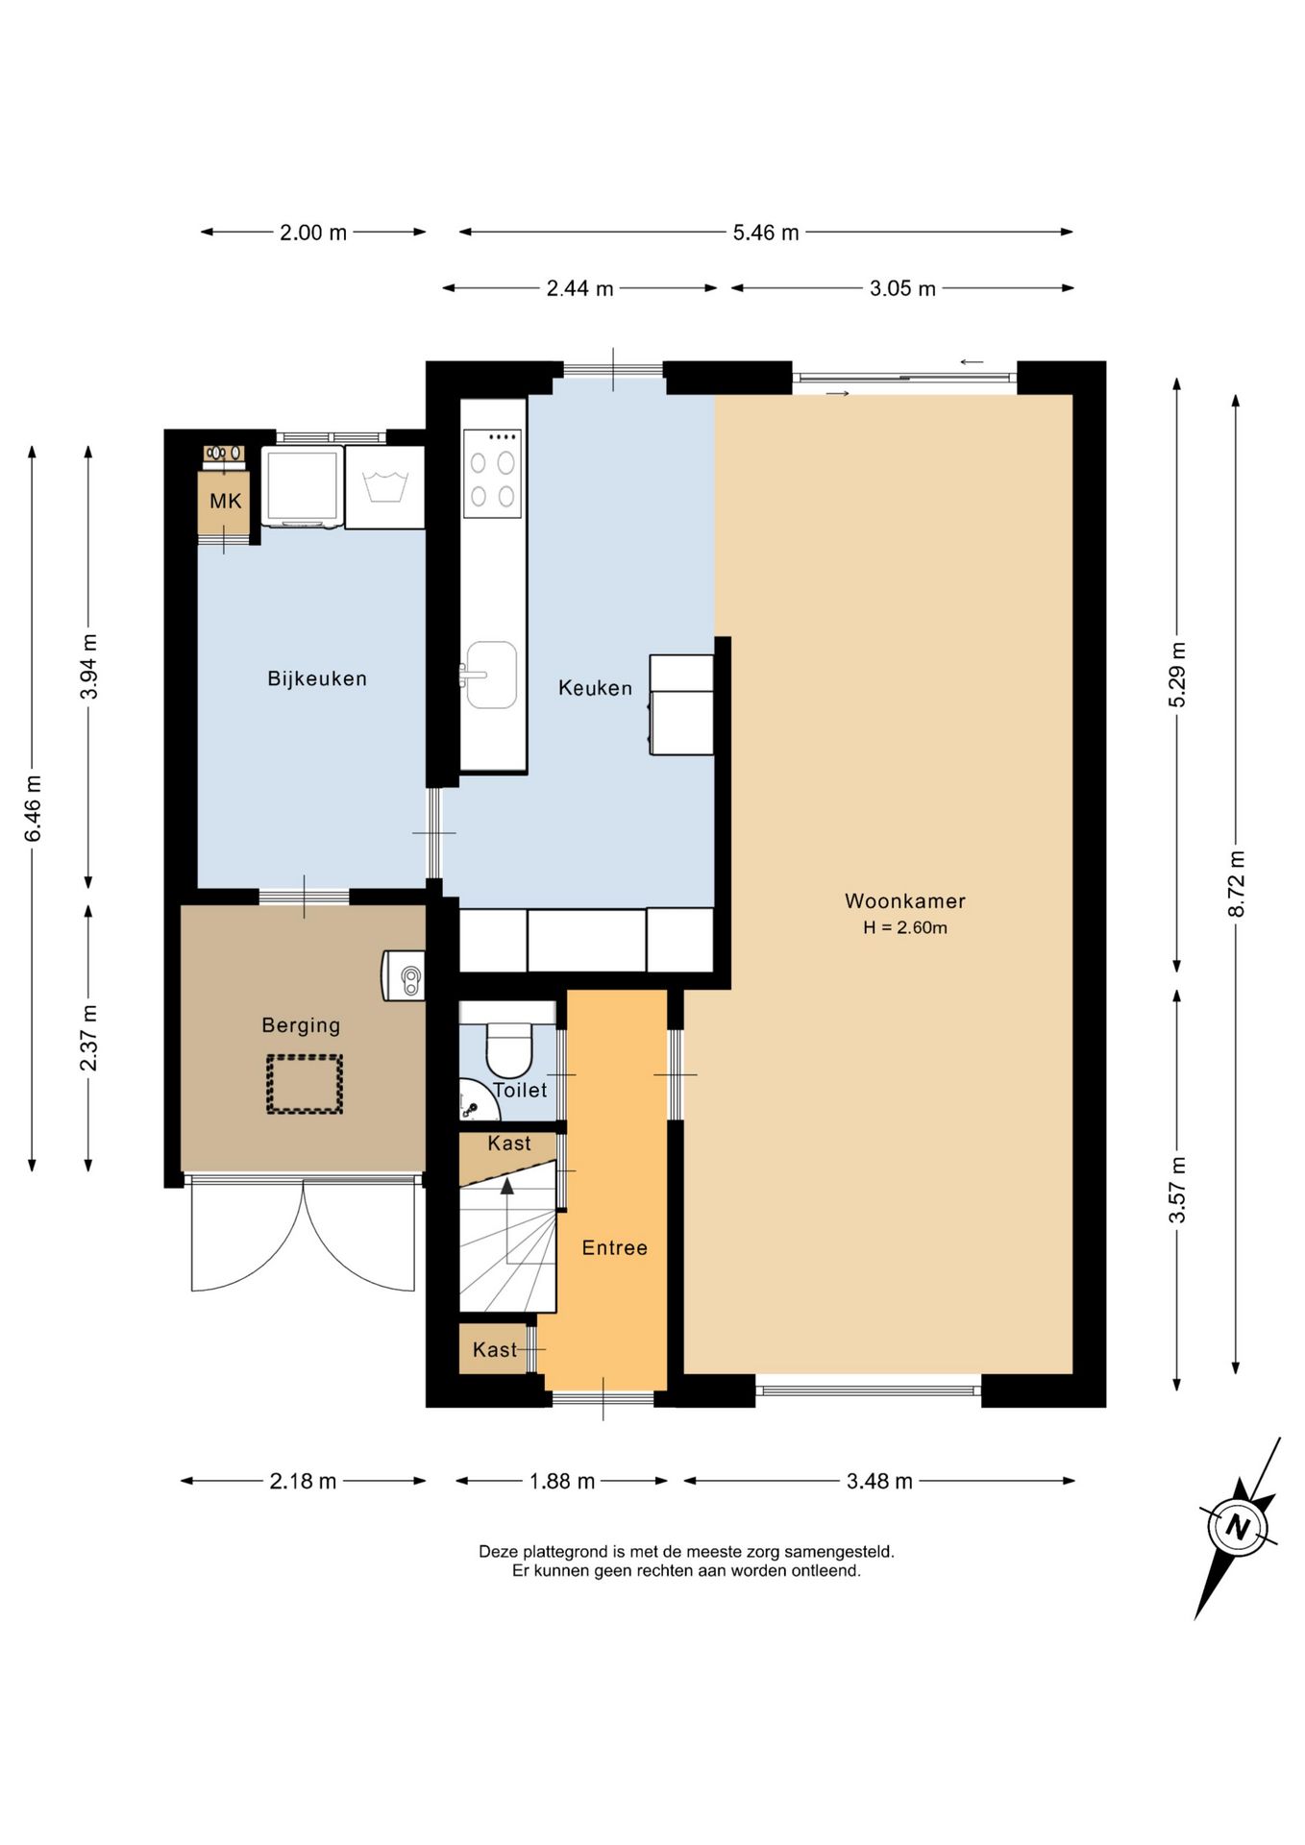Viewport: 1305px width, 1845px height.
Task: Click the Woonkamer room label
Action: coord(904,900)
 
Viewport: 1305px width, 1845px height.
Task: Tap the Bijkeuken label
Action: coord(317,678)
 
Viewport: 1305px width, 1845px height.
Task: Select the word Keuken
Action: coord(595,688)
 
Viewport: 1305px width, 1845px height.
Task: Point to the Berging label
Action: coord(301,1025)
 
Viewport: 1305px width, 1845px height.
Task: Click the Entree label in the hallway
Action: coord(614,1247)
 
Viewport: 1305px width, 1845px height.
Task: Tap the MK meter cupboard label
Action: coord(226,501)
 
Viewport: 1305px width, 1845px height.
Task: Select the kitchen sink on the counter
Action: coord(491,675)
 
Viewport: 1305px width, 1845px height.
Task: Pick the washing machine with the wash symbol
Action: coord(384,486)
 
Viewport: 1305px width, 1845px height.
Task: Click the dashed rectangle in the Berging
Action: coord(305,1084)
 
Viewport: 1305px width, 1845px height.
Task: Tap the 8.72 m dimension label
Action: coord(1237,883)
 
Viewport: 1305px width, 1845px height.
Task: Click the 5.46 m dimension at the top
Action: coord(766,233)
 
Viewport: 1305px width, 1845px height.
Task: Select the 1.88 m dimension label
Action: coord(562,1481)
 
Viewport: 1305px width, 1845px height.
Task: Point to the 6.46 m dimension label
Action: coord(34,808)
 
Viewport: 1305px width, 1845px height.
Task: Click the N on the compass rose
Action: coord(1238,1527)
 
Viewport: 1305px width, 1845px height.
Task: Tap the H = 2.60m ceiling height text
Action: coord(905,927)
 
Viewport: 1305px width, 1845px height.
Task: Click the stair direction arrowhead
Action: coord(507,1186)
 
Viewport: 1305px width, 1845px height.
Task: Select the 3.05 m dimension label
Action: coord(902,288)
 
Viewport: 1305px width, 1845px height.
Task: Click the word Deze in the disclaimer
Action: coord(498,1551)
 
